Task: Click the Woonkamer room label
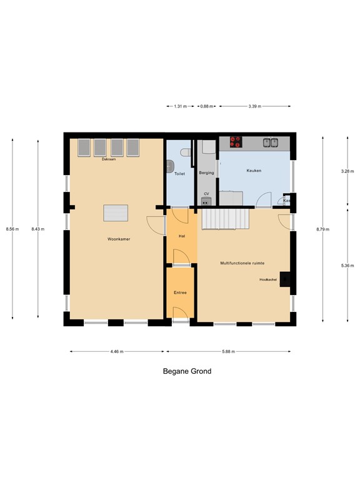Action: [x=117, y=239]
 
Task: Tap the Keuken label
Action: [x=254, y=171]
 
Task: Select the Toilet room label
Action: [x=180, y=173]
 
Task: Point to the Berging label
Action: [x=207, y=172]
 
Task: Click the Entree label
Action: [x=181, y=292]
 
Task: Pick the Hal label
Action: [x=181, y=236]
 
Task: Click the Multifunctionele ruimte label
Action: [x=242, y=263]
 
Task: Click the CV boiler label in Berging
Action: [x=206, y=194]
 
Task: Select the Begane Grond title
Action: [x=187, y=371]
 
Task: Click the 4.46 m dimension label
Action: [x=117, y=352]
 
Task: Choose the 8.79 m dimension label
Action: [x=322, y=230]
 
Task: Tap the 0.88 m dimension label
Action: [x=204, y=106]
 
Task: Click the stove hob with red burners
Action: [x=236, y=142]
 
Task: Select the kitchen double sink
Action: [x=271, y=142]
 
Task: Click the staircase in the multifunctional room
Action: [x=224, y=218]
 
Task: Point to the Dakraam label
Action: [x=109, y=159]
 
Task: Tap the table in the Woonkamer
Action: [x=116, y=212]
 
